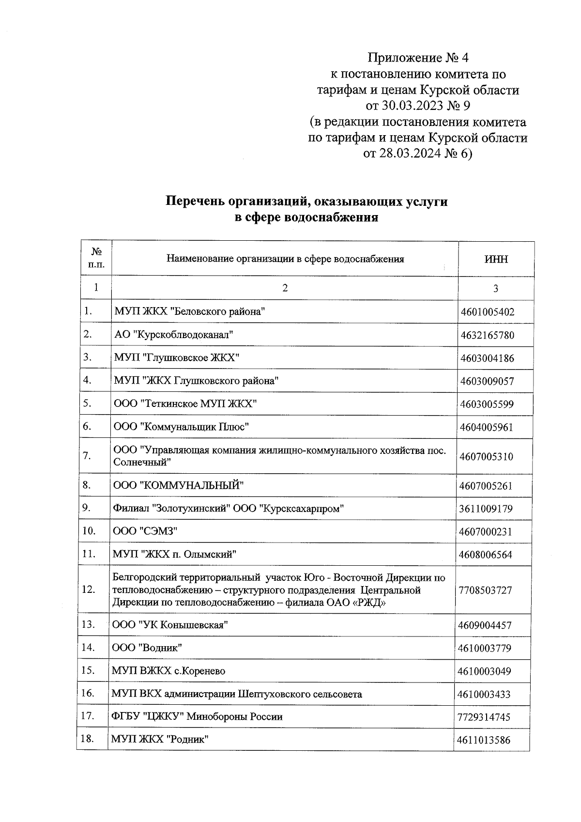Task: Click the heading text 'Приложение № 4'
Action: click(418, 59)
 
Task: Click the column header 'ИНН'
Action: click(496, 259)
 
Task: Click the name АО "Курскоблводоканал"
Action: click(174, 334)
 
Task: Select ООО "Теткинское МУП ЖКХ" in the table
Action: click(185, 403)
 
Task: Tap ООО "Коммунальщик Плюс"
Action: click(182, 427)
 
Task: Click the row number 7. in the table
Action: click(88, 456)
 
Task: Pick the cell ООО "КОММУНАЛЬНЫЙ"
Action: click(178, 485)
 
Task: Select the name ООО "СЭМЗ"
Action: click(145, 531)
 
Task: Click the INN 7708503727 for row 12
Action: click(486, 590)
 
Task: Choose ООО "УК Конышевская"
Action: click(170, 625)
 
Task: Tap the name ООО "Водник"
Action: click(147, 648)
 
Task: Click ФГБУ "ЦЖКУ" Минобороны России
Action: click(197, 717)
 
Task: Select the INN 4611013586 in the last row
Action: click(484, 740)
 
